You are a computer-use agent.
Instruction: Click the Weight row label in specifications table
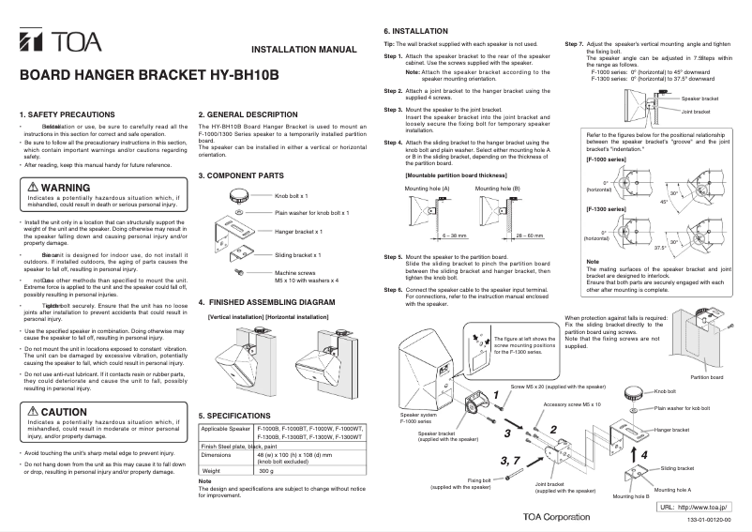point(213,470)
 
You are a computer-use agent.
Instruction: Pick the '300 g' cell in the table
point(266,470)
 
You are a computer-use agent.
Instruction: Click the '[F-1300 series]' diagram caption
point(607,208)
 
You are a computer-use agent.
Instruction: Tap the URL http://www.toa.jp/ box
point(696,507)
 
